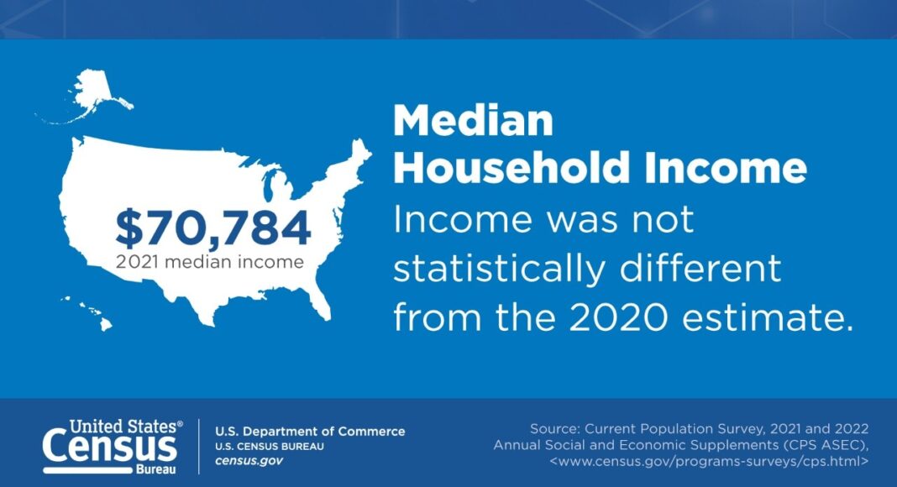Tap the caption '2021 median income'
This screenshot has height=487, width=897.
(209, 262)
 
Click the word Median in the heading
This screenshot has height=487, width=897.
(473, 121)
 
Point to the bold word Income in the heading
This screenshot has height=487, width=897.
(725, 167)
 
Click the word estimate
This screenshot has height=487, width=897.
(767, 317)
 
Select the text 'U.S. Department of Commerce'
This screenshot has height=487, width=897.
(310, 432)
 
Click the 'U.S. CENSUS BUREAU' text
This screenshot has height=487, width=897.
(270, 447)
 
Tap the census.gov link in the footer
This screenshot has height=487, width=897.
(249, 461)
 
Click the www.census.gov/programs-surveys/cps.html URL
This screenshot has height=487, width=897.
(709, 461)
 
